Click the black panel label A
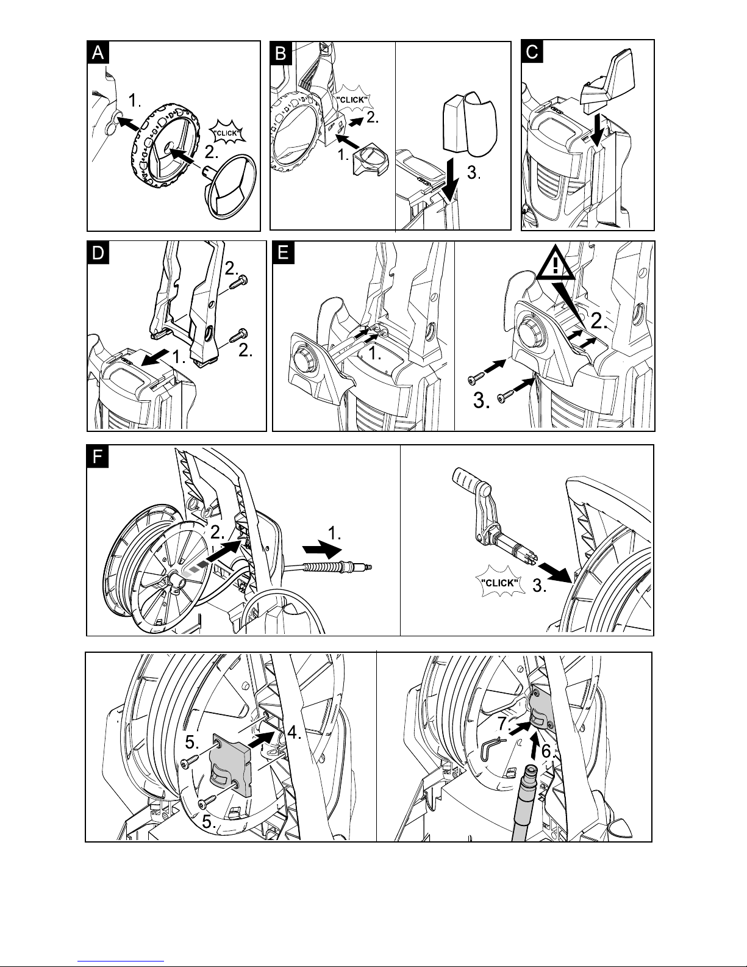[x=98, y=53]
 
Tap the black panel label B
[x=282, y=54]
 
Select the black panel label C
[x=532, y=52]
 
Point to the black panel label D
[x=98, y=253]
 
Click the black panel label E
[x=283, y=253]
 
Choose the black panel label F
[x=98, y=456]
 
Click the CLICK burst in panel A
[x=227, y=132]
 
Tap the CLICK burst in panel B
[x=352, y=99]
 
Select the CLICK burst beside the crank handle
[x=500, y=583]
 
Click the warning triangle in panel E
[x=556, y=266]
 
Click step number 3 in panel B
[x=474, y=172]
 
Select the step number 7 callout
[x=504, y=724]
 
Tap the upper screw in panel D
[x=239, y=282]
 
